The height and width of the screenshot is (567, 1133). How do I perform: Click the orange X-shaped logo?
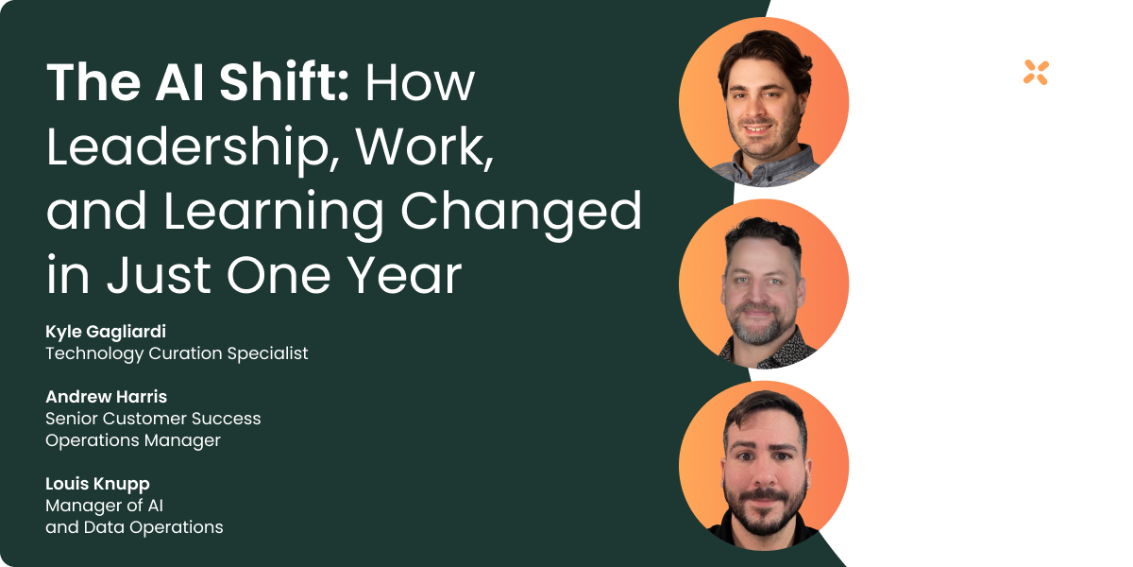pyautogui.click(x=1036, y=73)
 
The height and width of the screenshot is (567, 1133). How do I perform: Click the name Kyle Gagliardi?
pyautogui.click(x=106, y=332)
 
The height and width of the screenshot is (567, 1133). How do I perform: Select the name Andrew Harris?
pyautogui.click(x=106, y=397)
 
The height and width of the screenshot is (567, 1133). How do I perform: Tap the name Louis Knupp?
pyautogui.click(x=97, y=484)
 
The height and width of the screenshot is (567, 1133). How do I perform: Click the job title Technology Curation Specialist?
pyautogui.click(x=177, y=353)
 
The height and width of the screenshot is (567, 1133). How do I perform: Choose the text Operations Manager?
pyautogui.click(x=132, y=440)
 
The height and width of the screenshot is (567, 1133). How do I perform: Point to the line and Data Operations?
pyautogui.click(x=134, y=527)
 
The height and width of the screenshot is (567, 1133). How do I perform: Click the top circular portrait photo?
pyautogui.click(x=763, y=102)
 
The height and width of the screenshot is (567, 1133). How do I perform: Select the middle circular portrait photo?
pyautogui.click(x=763, y=283)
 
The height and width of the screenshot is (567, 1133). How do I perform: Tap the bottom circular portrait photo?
pyautogui.click(x=763, y=466)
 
